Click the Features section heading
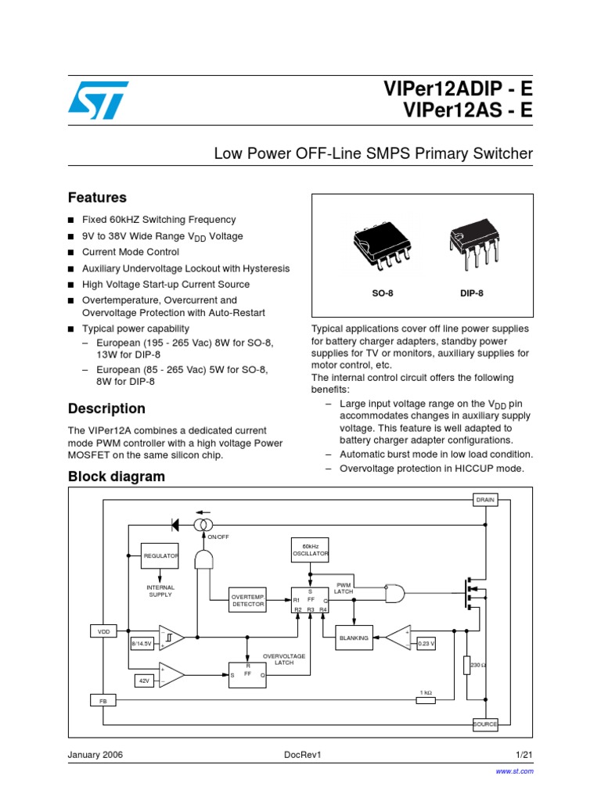[97, 198]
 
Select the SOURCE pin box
[485, 724]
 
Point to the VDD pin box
[103, 630]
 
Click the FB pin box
[103, 701]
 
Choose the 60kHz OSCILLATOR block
[310, 550]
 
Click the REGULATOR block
[160, 556]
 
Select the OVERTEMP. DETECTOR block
[247, 600]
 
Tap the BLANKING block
[354, 638]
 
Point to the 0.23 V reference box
[426, 644]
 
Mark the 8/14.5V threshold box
[143, 644]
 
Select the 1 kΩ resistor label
[426, 692]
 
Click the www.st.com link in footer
[515, 771]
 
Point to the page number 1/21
[524, 755]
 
